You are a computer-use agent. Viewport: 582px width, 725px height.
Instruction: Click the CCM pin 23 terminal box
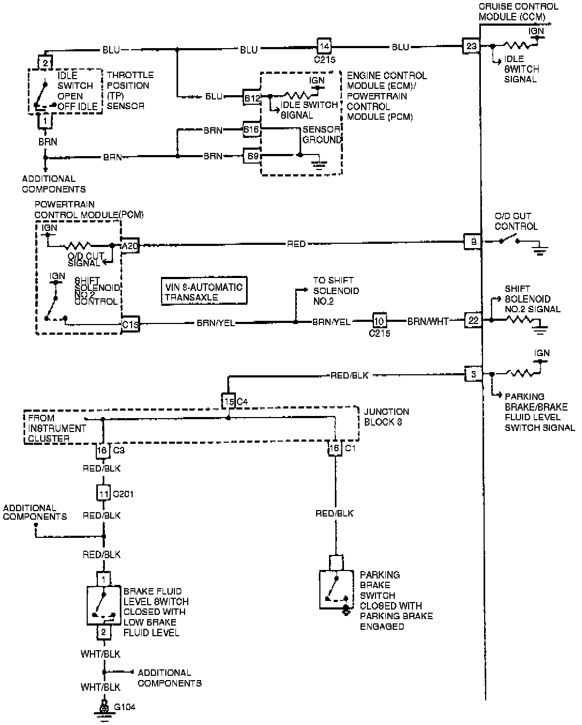tap(471, 47)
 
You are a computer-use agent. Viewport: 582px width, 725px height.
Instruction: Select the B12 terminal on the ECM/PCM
tap(251, 97)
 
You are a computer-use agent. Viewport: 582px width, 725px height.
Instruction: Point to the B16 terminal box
tap(251, 129)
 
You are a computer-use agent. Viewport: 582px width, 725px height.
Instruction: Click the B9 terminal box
tap(251, 156)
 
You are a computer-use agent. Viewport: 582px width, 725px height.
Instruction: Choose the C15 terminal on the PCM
tap(131, 323)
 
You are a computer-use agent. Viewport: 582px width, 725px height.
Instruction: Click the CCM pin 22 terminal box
tap(473, 320)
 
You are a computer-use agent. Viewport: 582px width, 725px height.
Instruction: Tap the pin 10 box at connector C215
tap(380, 321)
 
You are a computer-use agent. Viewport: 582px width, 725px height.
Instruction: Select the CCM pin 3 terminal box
tap(473, 374)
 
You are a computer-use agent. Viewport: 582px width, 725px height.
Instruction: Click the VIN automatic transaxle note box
tap(204, 292)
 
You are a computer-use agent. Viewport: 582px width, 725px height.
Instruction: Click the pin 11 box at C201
tap(103, 493)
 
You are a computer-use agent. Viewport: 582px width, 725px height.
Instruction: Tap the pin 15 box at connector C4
tap(228, 401)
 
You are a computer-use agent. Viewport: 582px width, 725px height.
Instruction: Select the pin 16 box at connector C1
tap(335, 448)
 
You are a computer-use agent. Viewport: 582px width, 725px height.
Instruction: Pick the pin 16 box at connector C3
tap(102, 450)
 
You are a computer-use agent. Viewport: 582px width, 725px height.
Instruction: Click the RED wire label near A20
tap(296, 244)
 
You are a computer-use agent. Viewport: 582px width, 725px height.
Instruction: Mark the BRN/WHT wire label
tap(427, 322)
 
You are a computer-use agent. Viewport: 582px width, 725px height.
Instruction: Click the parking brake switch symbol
tap(336, 589)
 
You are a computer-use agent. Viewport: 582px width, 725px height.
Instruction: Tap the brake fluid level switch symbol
tap(103, 605)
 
